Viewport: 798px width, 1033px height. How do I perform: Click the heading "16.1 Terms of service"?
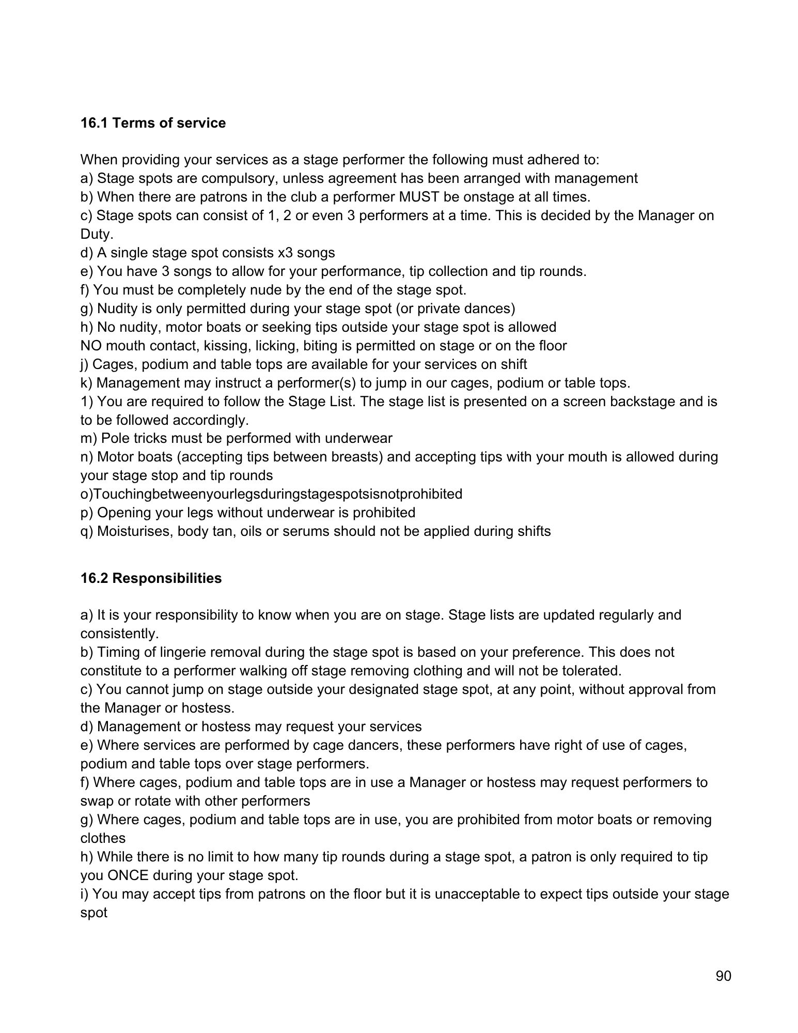(153, 123)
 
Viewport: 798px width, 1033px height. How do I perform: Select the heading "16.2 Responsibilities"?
(151, 578)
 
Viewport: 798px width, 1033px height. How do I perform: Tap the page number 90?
(723, 976)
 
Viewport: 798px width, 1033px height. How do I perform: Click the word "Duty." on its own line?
(97, 234)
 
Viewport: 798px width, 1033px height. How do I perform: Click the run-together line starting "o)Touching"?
(271, 494)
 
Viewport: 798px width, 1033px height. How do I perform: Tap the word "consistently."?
(119, 634)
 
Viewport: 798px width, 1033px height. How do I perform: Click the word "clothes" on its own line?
(103, 838)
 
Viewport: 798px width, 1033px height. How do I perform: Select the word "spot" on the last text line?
(93, 913)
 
